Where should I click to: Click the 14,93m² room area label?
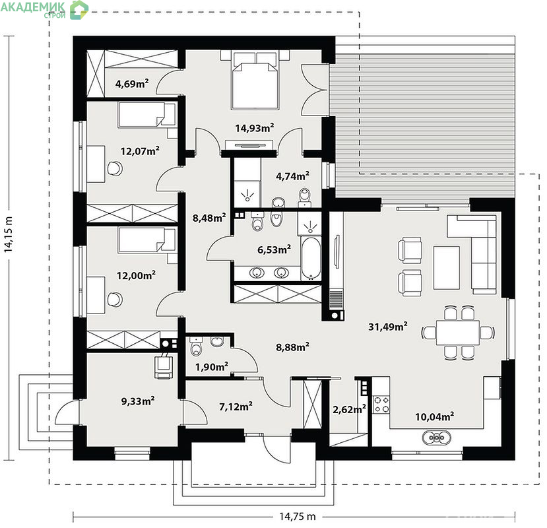click(x=254, y=128)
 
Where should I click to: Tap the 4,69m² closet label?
click(x=132, y=83)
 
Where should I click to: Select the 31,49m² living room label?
click(x=387, y=326)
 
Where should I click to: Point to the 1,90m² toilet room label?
click(x=211, y=366)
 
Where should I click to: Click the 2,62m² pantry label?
click(x=349, y=409)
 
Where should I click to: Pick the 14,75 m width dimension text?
click(x=297, y=516)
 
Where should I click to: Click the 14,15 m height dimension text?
click(x=9, y=234)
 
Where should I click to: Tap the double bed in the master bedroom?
click(x=255, y=81)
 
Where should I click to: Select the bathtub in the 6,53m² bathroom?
click(x=311, y=258)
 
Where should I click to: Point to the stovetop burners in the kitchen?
click(x=381, y=404)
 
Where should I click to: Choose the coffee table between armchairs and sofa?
click(x=447, y=268)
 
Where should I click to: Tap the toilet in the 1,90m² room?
click(x=197, y=346)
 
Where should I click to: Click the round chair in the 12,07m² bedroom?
click(x=115, y=168)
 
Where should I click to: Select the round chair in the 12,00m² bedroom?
click(x=115, y=300)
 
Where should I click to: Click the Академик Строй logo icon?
click(x=79, y=10)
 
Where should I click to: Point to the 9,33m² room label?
click(x=138, y=401)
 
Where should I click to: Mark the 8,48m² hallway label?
click(x=209, y=218)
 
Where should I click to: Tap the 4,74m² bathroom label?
click(x=292, y=176)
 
